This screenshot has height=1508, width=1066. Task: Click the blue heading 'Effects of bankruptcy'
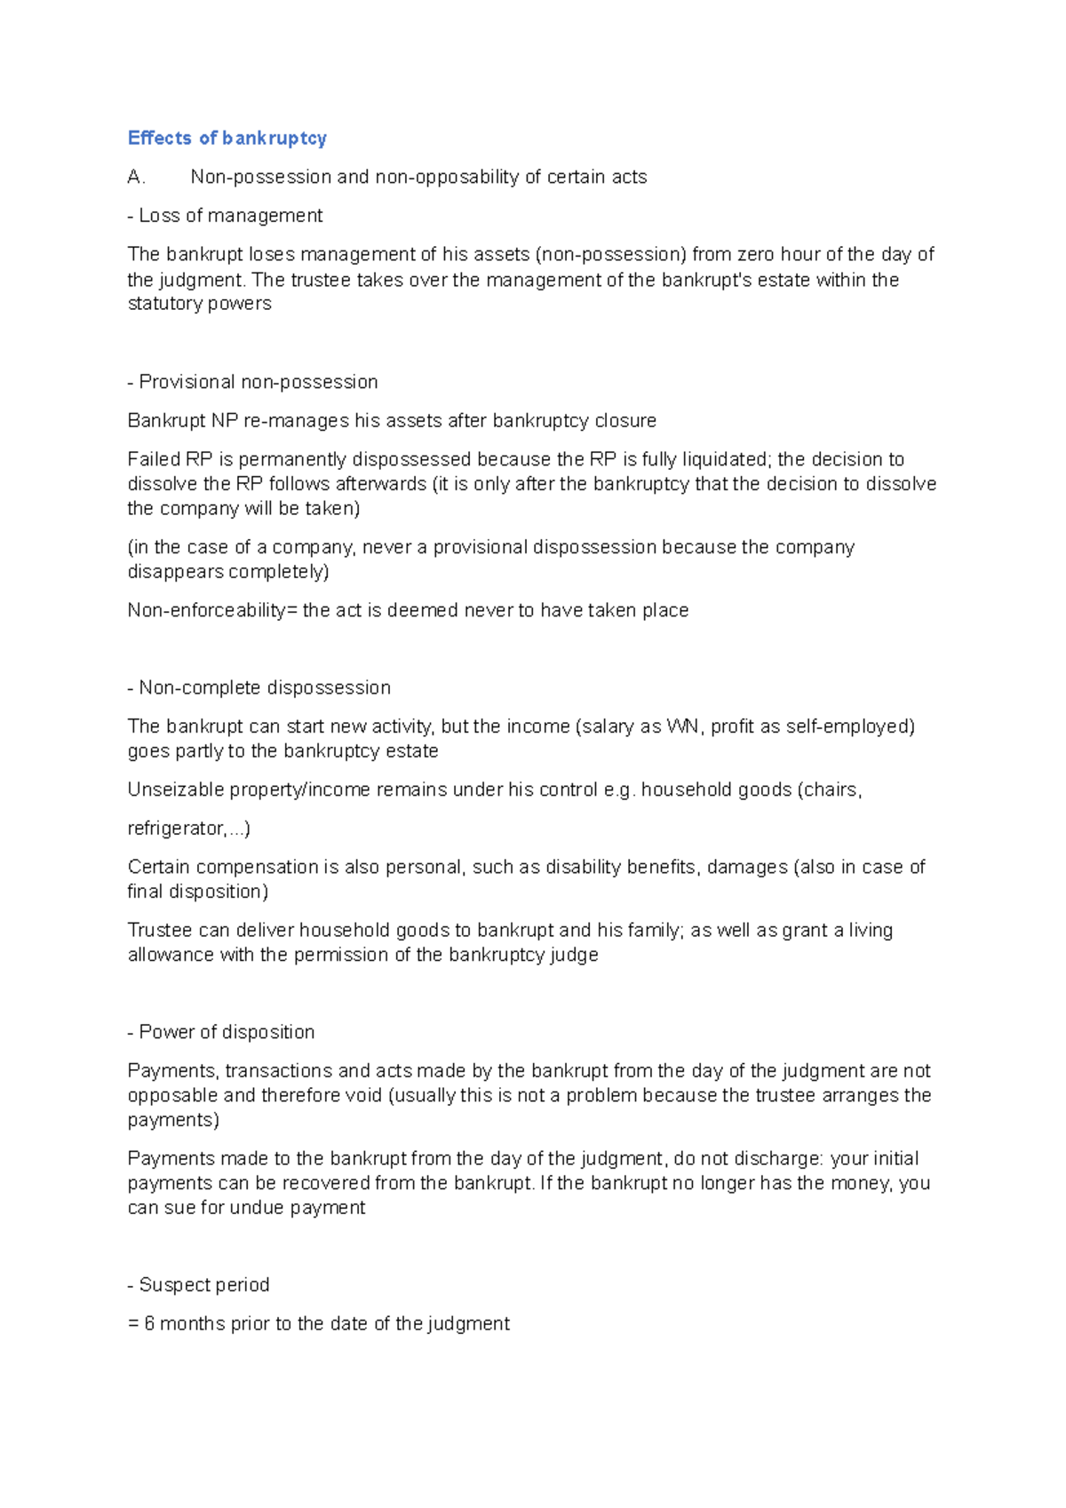(x=227, y=138)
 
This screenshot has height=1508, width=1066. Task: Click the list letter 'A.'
(x=136, y=177)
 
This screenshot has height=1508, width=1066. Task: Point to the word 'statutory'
(x=164, y=304)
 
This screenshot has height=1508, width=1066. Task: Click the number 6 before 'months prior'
(x=149, y=1324)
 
